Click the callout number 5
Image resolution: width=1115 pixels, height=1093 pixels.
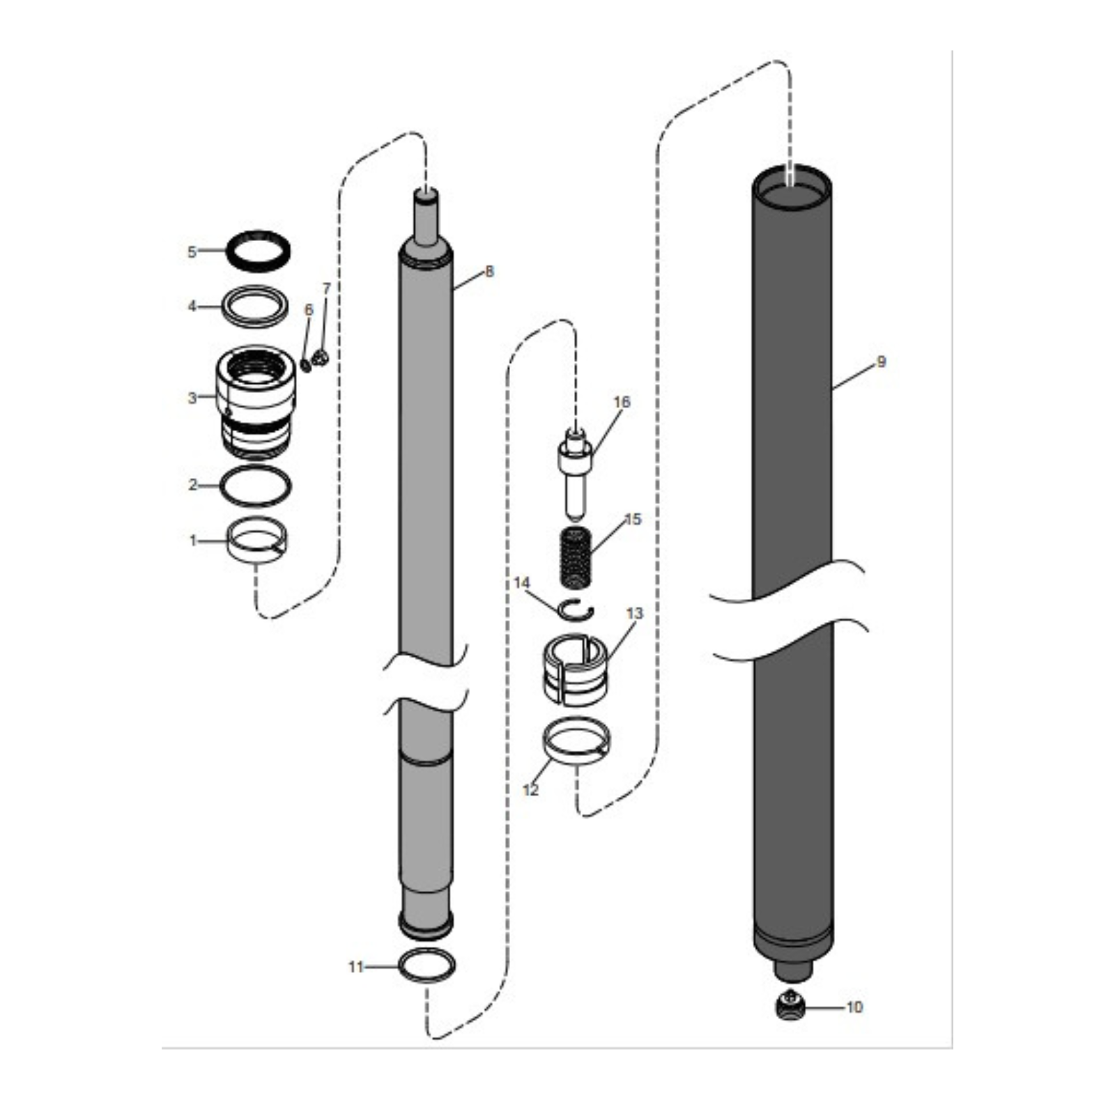[192, 251]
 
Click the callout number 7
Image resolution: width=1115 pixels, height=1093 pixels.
[326, 288]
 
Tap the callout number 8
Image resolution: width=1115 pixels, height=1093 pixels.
[489, 271]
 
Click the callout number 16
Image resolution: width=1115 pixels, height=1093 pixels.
[621, 402]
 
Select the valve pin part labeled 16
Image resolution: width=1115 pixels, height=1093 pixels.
[574, 474]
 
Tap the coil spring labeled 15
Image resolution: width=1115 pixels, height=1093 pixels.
[576, 557]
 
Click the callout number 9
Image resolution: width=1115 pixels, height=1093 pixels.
[881, 362]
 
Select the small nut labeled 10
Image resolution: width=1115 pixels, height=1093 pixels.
[790, 1005]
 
